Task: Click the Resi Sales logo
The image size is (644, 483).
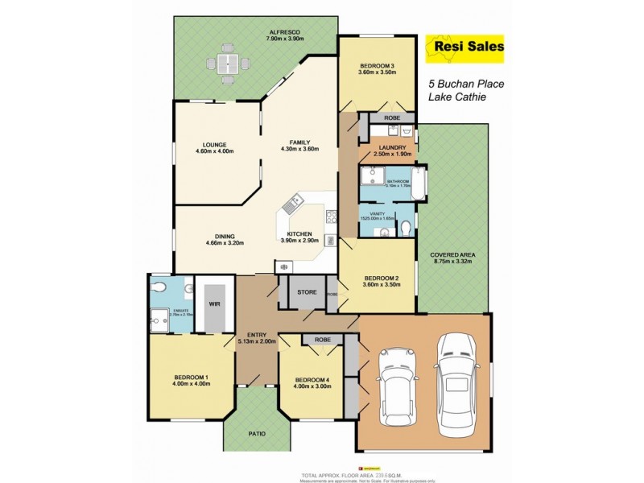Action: click(463, 49)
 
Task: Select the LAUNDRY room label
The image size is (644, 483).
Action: click(392, 147)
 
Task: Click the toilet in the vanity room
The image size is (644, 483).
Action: click(406, 228)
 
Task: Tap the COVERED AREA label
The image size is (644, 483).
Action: click(452, 254)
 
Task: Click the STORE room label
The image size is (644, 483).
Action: click(307, 292)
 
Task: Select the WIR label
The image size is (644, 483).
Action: click(214, 305)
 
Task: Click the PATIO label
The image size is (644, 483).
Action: click(257, 434)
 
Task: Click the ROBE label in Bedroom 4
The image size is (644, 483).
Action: click(323, 341)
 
